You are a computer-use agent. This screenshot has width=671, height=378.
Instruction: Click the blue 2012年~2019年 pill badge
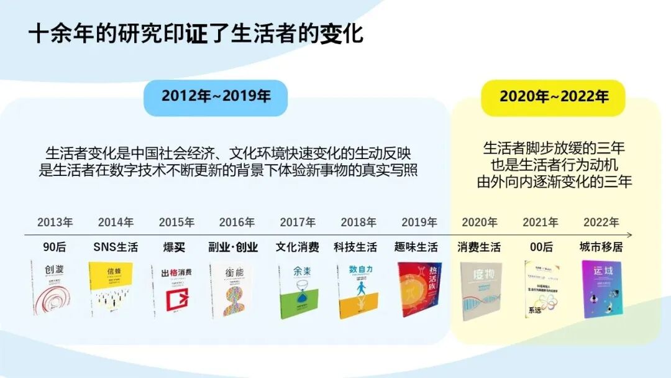(x=216, y=97)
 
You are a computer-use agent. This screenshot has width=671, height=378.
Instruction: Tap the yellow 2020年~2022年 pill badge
(x=554, y=97)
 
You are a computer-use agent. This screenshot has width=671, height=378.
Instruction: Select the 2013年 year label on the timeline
(x=55, y=222)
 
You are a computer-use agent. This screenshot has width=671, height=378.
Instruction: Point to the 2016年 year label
(x=237, y=222)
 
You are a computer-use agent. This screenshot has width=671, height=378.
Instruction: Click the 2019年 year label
(x=419, y=222)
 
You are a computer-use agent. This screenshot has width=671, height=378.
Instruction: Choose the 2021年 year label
(x=541, y=222)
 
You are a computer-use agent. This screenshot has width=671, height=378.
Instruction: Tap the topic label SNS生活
(x=116, y=247)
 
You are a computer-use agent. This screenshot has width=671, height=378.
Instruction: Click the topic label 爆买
(x=176, y=247)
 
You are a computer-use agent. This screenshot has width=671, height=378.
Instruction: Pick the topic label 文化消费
(x=298, y=247)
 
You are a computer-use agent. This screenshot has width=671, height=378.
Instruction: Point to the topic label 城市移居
(x=601, y=247)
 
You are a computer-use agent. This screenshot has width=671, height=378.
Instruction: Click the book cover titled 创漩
(x=51, y=287)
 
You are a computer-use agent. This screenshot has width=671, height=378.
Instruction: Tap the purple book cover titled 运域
(x=601, y=289)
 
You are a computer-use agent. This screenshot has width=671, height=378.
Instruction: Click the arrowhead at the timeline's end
(x=629, y=235)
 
